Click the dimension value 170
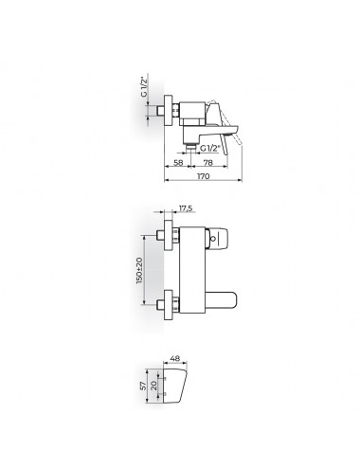click(x=203, y=176)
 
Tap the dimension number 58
click(x=178, y=162)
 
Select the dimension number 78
click(x=207, y=162)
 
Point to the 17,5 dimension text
click(x=186, y=208)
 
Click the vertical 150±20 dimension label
click(x=139, y=270)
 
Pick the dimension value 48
click(x=174, y=358)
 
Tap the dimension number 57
click(x=144, y=386)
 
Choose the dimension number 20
click(x=153, y=386)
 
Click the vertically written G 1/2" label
click(x=144, y=86)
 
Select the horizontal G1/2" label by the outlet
click(x=209, y=148)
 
